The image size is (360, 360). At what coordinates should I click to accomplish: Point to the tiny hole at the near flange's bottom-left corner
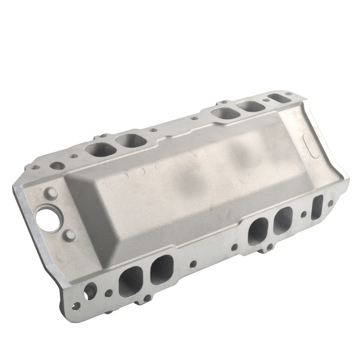click(76, 306)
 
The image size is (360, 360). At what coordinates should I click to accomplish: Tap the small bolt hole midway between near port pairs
click(193, 263)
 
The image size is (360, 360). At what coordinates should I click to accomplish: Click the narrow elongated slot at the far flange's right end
click(275, 97)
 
